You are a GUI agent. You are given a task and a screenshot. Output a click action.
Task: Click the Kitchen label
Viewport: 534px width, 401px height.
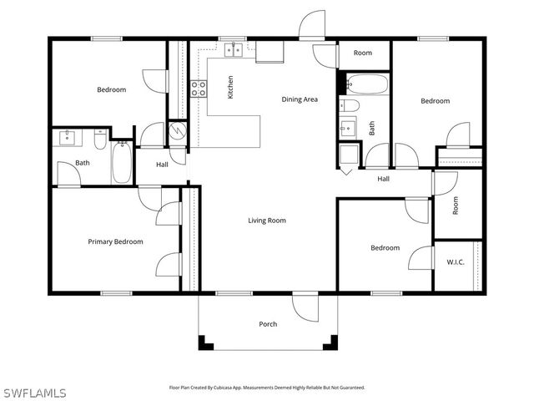(231, 89)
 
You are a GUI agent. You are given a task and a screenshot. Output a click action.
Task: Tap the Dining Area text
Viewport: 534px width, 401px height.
(300, 99)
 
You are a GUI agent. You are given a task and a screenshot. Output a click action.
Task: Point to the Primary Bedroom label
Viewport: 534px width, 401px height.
(115, 241)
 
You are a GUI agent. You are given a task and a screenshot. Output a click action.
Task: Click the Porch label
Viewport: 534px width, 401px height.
(268, 324)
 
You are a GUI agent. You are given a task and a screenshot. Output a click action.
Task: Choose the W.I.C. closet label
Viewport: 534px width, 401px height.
(455, 262)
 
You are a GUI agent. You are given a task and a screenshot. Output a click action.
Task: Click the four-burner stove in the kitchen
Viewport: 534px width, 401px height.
(199, 89)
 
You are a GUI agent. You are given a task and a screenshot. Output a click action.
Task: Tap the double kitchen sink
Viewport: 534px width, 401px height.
(233, 50)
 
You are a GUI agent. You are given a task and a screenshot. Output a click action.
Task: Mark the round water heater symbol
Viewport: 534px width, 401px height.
(178, 131)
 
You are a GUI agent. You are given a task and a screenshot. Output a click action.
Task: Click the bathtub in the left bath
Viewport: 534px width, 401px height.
(122, 162)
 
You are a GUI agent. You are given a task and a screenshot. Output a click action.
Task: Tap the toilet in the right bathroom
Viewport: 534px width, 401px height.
(350, 105)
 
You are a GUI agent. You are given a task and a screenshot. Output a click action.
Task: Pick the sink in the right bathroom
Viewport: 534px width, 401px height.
(347, 129)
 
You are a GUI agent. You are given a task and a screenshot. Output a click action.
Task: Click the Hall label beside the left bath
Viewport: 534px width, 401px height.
(163, 165)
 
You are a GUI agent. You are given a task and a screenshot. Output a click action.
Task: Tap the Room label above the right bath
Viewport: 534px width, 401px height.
(362, 53)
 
